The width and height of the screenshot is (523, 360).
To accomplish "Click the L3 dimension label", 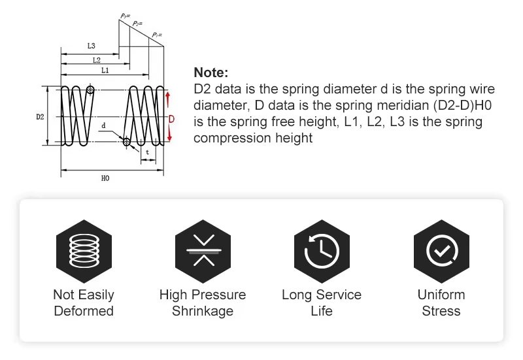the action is [91, 46].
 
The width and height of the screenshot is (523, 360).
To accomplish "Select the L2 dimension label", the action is [96, 60].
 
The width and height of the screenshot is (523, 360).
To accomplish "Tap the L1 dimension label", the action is [105, 70].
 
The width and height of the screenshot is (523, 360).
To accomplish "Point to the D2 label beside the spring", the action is [40, 117].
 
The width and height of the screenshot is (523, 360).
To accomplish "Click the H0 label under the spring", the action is [105, 178].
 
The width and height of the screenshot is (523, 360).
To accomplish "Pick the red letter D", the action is [171, 119].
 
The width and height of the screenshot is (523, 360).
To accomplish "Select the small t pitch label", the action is [148, 152].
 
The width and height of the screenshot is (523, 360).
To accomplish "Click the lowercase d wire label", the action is [103, 125].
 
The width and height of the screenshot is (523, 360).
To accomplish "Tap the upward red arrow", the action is [168, 100].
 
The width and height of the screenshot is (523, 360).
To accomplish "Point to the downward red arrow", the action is [169, 133].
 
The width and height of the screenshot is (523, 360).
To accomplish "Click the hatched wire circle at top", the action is [90, 90].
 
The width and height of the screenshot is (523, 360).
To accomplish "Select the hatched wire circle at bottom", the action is [126, 142].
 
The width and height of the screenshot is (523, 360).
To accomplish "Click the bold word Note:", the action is [211, 73].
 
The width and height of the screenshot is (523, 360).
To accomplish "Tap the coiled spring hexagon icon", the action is [84, 252].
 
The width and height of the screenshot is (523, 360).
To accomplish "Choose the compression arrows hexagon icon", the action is [203, 252].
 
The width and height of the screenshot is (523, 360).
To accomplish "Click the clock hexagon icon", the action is [322, 252].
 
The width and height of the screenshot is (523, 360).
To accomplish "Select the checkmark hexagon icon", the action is [441, 252].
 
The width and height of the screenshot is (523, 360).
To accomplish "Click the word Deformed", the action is [84, 311].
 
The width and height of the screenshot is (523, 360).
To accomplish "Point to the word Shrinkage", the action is [203, 312].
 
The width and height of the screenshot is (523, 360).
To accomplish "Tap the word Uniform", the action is [441, 295].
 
